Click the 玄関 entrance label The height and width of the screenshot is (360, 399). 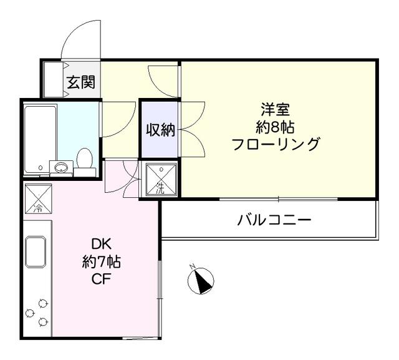pyautogui.click(x=81, y=82)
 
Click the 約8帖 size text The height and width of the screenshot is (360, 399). pyautogui.click(x=274, y=127)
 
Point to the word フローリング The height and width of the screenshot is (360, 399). pyautogui.click(x=275, y=145)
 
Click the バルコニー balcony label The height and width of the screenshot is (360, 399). pyautogui.click(x=274, y=220)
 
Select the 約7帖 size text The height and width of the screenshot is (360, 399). pyautogui.click(x=101, y=262)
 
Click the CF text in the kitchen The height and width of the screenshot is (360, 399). pyautogui.click(x=101, y=279)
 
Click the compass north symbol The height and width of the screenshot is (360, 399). pyautogui.click(x=201, y=280)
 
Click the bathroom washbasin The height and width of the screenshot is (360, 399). pyautogui.click(x=61, y=167)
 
